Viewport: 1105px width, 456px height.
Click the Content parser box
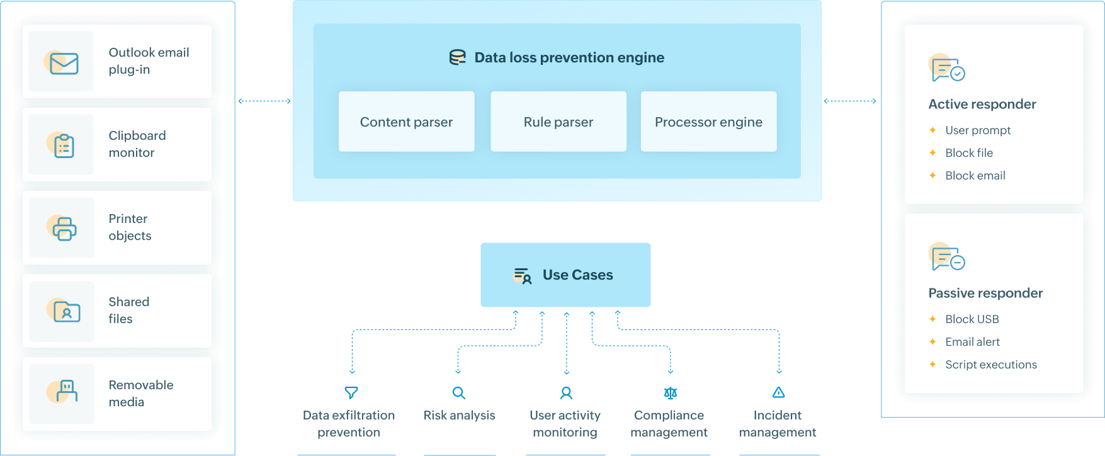point(406,122)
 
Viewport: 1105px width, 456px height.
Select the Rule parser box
point(558,122)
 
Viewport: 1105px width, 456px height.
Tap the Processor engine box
point(708,122)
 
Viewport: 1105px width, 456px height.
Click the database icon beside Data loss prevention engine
point(458,57)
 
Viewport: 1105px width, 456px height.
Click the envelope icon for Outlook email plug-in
point(63,63)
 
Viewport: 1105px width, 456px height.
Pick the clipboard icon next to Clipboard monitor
point(63,145)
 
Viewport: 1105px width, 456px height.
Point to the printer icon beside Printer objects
point(64,229)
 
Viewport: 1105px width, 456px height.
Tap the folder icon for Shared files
point(65,311)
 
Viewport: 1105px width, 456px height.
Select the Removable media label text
point(140,393)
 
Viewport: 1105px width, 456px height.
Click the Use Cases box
point(565,275)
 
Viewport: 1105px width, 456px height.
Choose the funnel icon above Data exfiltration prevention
point(351,393)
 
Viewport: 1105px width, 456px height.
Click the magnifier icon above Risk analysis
point(459,393)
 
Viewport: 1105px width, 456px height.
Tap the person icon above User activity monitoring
point(566,393)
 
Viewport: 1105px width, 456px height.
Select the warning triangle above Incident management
point(779,392)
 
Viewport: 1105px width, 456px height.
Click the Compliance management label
point(669,423)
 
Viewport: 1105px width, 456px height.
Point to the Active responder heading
point(982,104)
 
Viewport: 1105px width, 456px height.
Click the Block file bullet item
point(968,153)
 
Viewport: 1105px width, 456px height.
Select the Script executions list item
point(990,365)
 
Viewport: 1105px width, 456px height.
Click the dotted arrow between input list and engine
point(264,101)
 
